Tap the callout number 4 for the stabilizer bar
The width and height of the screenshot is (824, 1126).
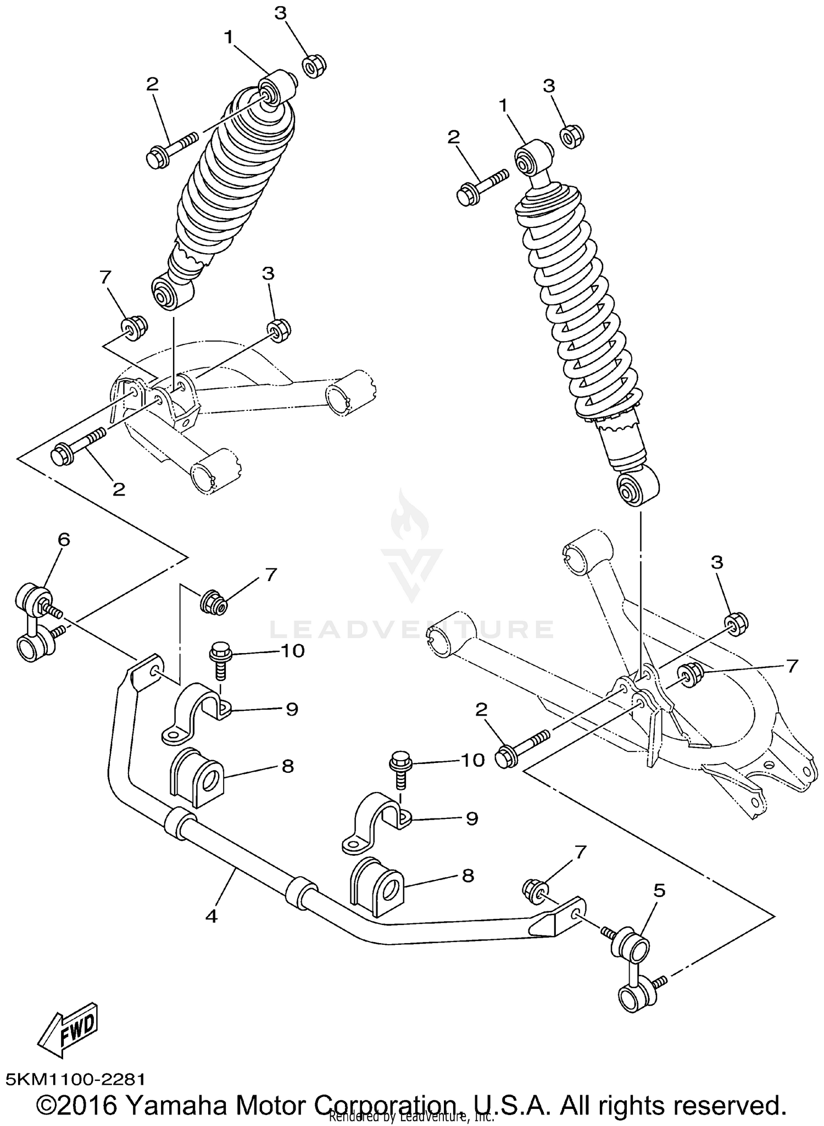[x=211, y=916]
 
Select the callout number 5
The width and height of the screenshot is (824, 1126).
[x=659, y=890]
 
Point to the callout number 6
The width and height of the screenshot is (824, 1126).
[x=64, y=539]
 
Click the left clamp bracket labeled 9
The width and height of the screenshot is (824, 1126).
[x=197, y=712]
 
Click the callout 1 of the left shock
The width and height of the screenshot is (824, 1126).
[x=229, y=37]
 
